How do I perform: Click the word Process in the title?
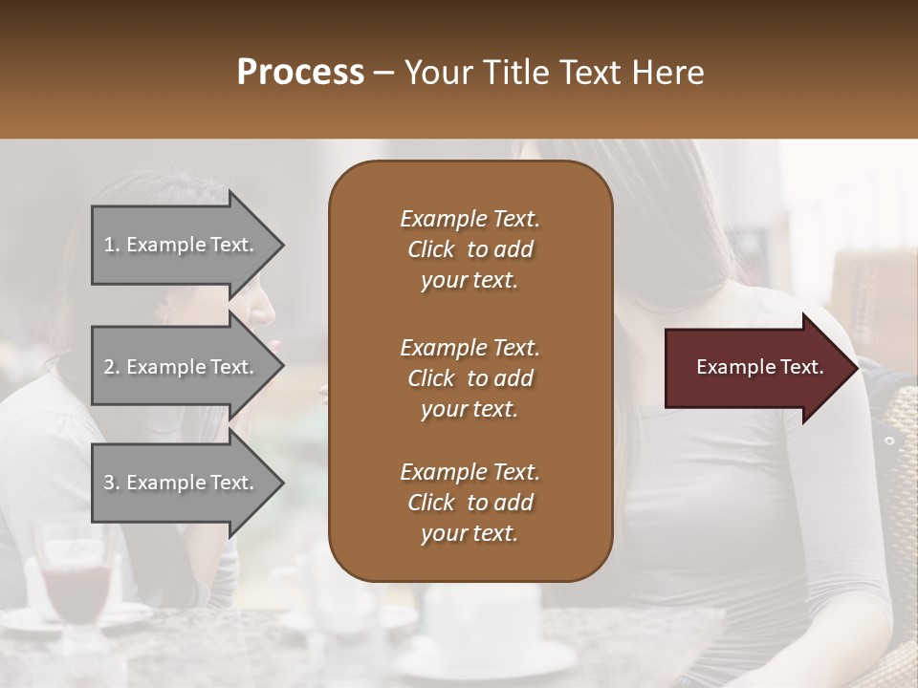(300, 73)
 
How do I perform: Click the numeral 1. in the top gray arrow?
(112, 245)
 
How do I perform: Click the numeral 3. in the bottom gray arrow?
(112, 483)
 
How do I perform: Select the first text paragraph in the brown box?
(470, 249)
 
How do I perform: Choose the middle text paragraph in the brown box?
(470, 377)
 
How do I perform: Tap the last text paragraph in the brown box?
(470, 503)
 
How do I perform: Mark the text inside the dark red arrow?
(760, 367)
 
